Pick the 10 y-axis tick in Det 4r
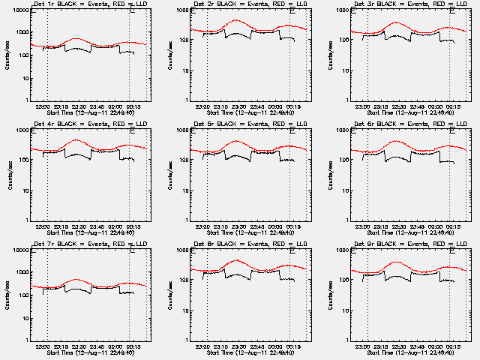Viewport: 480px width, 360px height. pos(26,190)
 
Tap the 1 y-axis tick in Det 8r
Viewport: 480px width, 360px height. pos(187,340)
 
